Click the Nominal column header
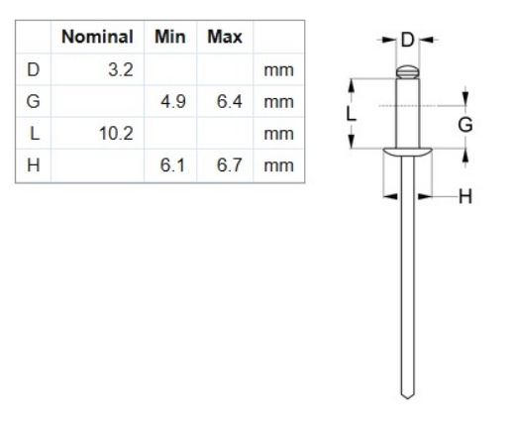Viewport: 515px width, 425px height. tap(97, 37)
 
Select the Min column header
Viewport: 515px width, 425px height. tap(170, 37)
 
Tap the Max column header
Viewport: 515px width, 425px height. tap(225, 37)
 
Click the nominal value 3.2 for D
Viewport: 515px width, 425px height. tap(121, 69)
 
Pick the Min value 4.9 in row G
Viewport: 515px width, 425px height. tap(173, 101)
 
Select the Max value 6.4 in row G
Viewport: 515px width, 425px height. tap(230, 101)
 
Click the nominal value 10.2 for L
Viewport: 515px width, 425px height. tap(116, 134)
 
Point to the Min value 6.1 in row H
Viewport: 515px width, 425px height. tap(172, 165)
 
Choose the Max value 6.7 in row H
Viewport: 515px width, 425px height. tap(230, 165)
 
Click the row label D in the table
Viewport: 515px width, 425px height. tap(34, 69)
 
